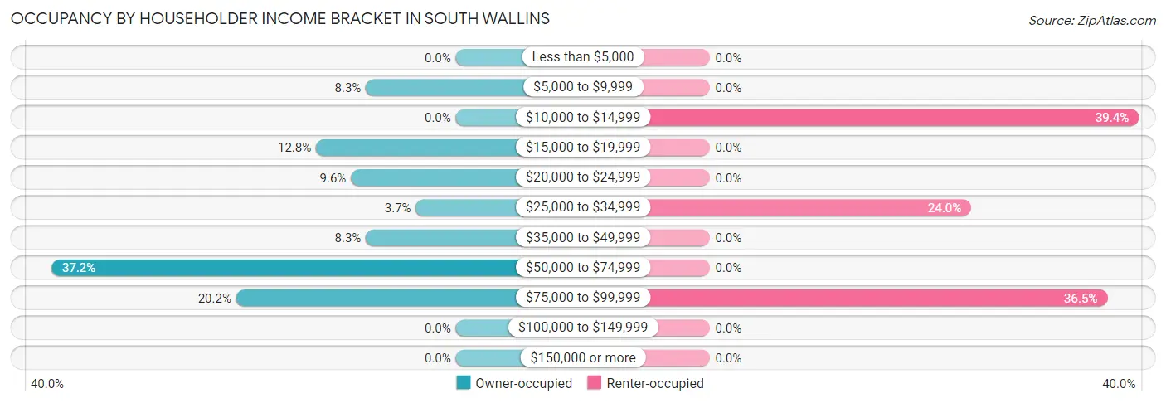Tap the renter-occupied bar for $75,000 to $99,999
[x=876, y=298]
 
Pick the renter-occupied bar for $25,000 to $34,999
[x=809, y=208]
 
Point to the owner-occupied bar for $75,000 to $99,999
[x=378, y=298]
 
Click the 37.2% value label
[x=78, y=268]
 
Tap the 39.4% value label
[x=1111, y=118]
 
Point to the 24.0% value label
[x=944, y=208]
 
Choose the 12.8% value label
[x=294, y=148]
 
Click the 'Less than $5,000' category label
[x=583, y=57]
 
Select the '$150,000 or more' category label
[x=583, y=357]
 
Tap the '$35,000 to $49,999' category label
[x=583, y=237]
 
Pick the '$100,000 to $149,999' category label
[x=583, y=328]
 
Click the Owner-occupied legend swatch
[x=464, y=383]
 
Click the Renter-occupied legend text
[x=655, y=383]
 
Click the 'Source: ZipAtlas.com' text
[x=1091, y=19]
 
